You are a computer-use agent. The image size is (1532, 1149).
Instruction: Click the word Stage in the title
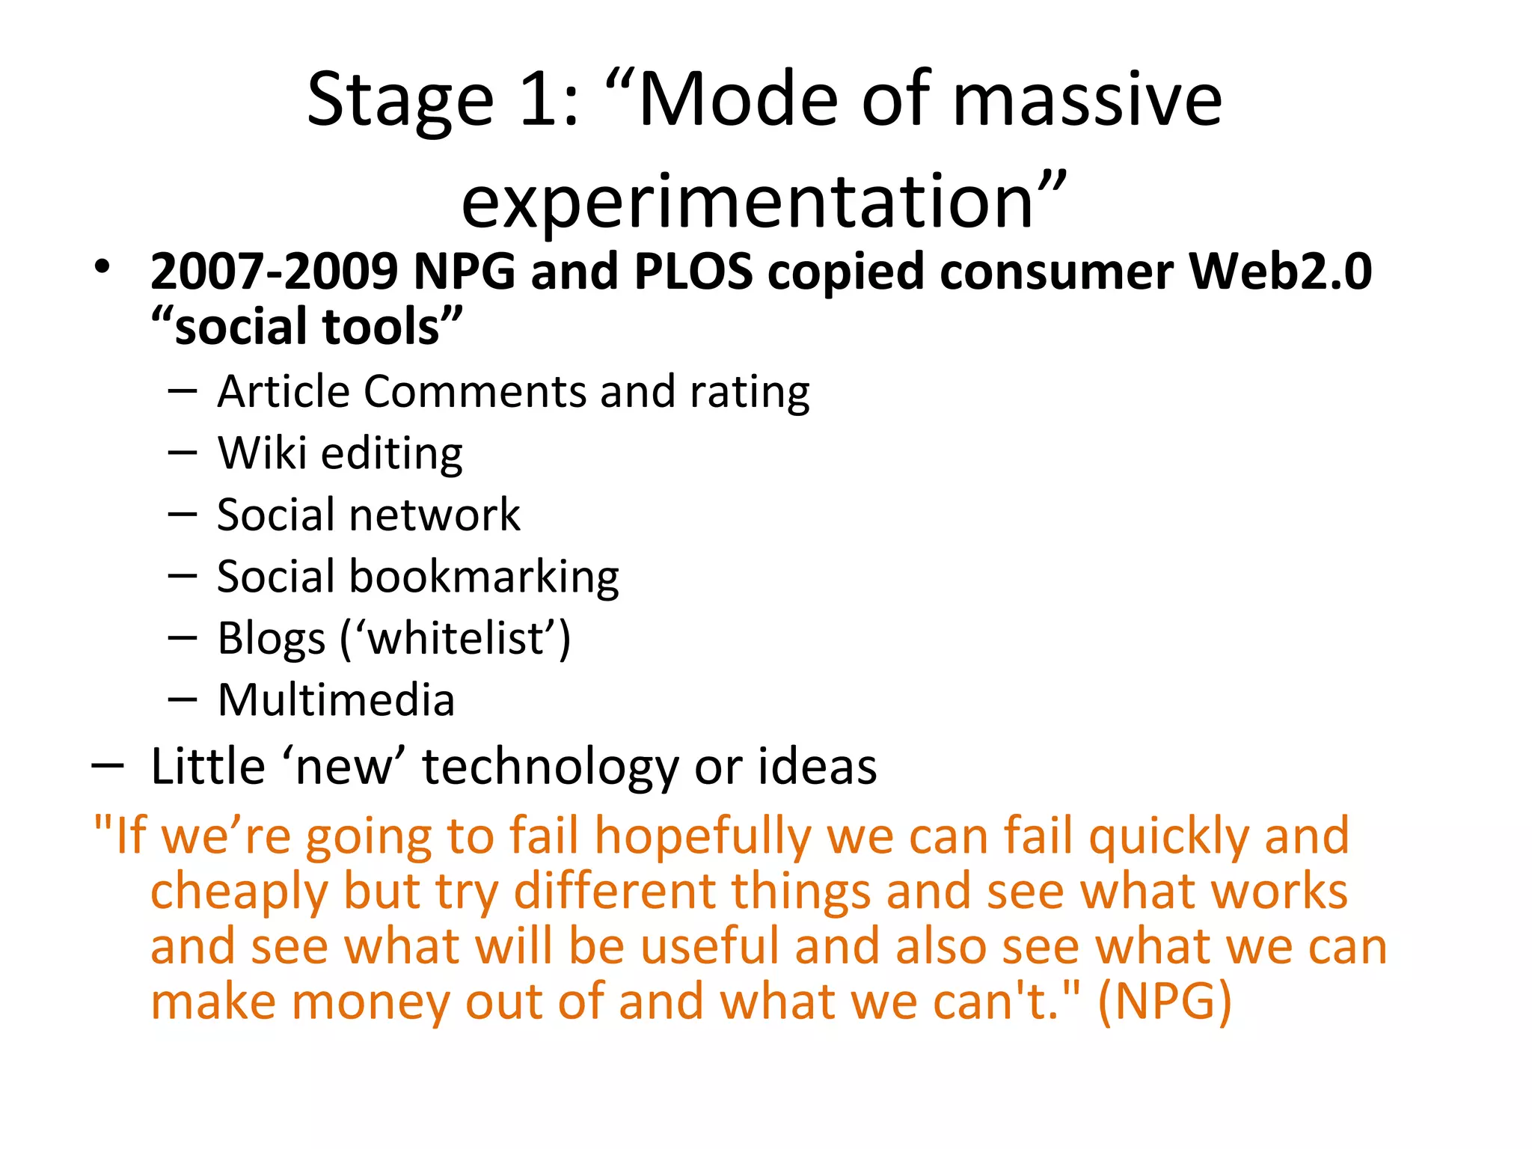tap(400, 100)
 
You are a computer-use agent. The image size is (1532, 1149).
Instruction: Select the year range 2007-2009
tap(274, 271)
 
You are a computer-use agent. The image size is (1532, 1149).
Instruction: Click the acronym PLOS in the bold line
tap(693, 271)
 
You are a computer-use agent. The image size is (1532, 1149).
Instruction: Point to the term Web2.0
tap(1281, 271)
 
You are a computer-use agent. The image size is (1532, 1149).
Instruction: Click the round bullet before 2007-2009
tap(102, 267)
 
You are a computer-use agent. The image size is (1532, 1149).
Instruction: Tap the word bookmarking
tap(484, 577)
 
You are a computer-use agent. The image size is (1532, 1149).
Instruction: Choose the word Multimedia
tap(336, 701)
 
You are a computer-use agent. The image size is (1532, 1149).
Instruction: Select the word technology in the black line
tap(551, 767)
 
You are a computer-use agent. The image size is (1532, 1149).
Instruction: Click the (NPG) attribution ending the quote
tap(1164, 1002)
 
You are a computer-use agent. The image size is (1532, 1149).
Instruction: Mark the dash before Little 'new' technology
tap(107, 766)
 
